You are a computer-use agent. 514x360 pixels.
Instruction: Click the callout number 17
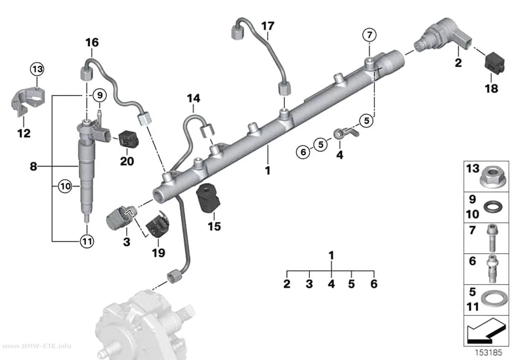[267, 26]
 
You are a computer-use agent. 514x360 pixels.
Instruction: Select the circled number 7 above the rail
[370, 35]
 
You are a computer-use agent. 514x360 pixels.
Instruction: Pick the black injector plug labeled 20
[128, 139]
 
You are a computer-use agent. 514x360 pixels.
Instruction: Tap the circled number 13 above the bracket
[37, 69]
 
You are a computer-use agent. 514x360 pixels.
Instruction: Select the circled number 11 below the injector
[87, 241]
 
